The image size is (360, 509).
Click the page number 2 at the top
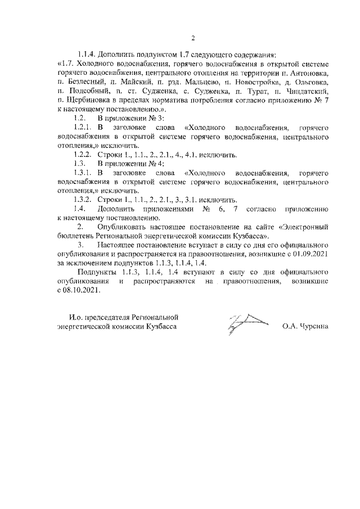click(x=192, y=38)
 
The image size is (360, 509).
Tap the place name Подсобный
click(x=87, y=91)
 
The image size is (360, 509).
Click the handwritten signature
click(x=247, y=323)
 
